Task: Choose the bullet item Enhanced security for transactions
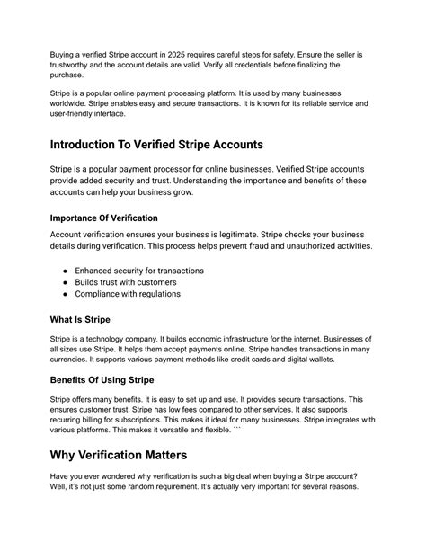pyautogui.click(x=139, y=271)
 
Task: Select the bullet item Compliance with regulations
pyautogui.click(x=128, y=294)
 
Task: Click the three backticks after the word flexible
pyautogui.click(x=262, y=431)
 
